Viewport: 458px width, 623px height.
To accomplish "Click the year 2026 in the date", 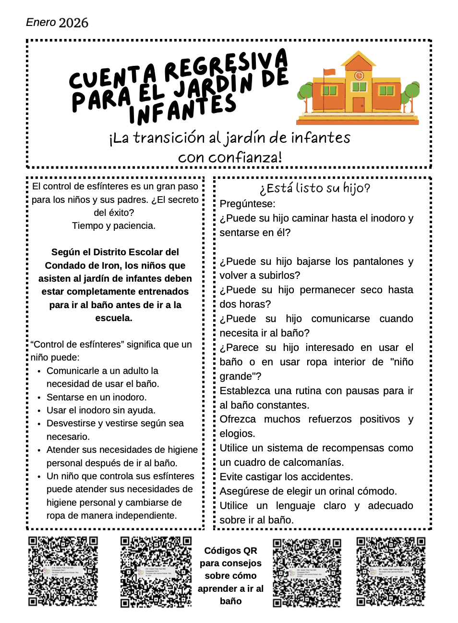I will (73, 23).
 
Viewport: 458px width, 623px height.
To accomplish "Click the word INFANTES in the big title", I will (182, 108).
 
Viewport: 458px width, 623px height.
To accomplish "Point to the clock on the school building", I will (359, 75).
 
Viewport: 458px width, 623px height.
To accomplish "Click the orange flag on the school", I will (329, 72).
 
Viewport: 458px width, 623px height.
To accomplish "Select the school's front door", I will (358, 104).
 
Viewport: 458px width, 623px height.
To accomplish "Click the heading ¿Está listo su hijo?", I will (315, 188).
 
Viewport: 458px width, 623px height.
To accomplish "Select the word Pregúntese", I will (247, 204).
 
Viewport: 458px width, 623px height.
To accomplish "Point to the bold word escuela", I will (114, 318).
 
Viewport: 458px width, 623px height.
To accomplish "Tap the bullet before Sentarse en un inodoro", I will (39, 398).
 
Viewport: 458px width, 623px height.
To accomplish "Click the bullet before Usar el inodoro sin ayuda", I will (39, 411).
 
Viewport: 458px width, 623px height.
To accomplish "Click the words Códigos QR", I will (230, 550).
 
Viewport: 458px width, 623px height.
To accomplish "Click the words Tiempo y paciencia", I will (114, 225).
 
